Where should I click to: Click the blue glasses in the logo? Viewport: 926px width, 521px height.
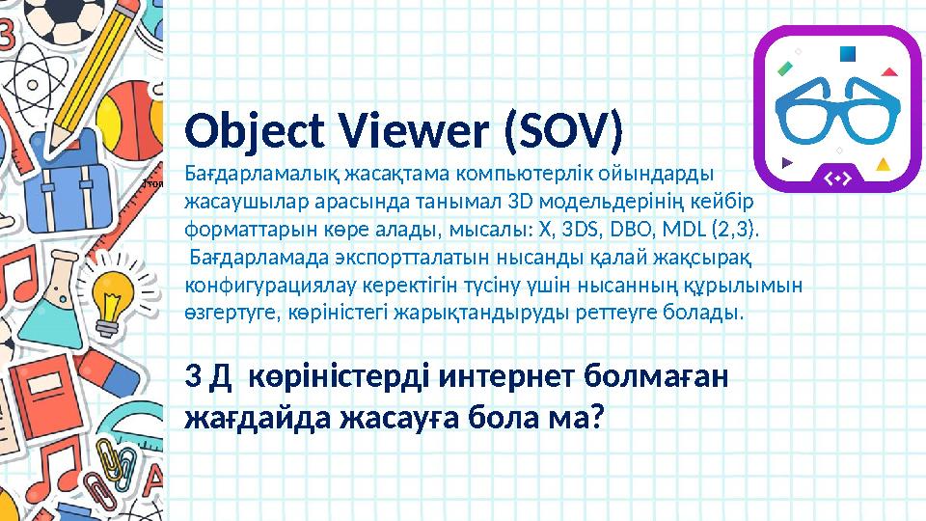coord(837,108)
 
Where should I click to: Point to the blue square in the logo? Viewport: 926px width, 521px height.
coord(848,53)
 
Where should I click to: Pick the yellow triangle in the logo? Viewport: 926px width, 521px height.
coord(882,164)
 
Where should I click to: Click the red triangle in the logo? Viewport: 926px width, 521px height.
coord(889,70)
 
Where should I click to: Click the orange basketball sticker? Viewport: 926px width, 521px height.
coord(127,111)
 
